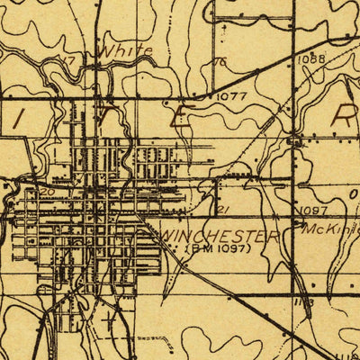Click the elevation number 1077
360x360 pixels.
pos(231,93)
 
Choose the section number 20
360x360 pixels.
pos(47,192)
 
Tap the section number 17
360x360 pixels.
pos(65,60)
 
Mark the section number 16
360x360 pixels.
pos(219,62)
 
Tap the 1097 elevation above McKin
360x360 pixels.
pos(311,210)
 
